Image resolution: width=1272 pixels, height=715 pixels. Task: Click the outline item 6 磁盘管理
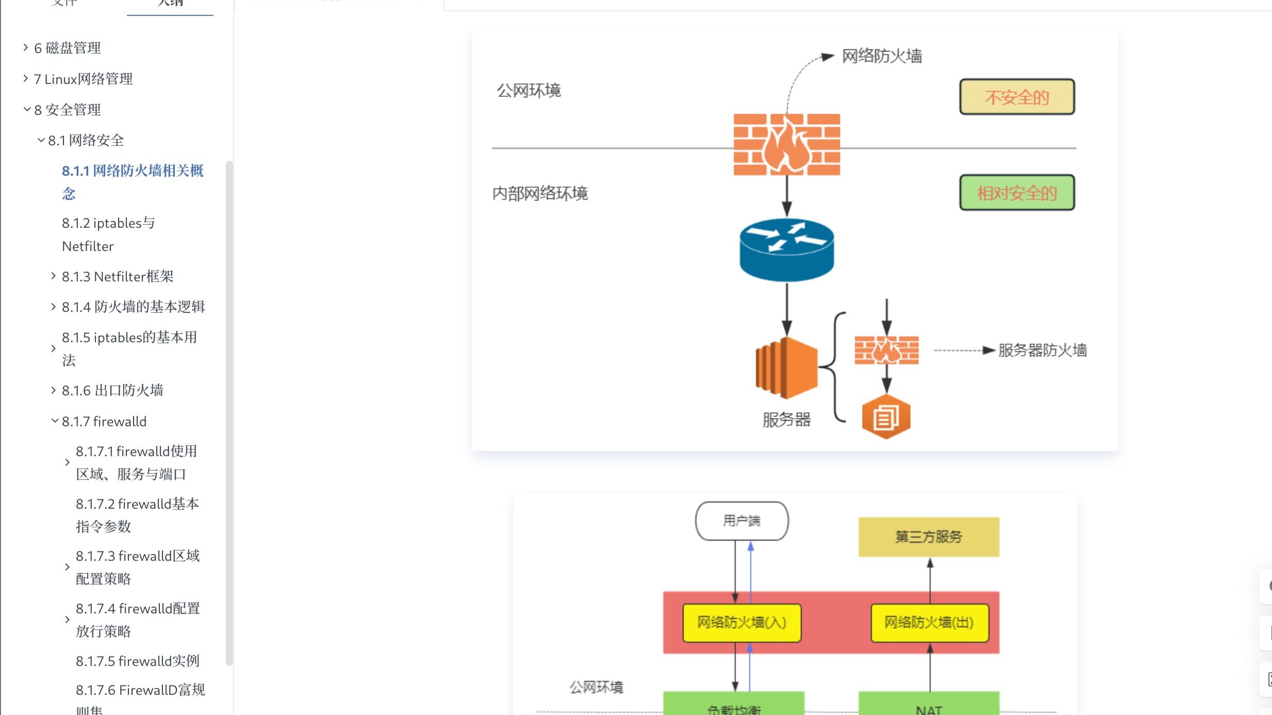(x=67, y=48)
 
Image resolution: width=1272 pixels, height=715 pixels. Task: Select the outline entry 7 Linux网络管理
(x=83, y=79)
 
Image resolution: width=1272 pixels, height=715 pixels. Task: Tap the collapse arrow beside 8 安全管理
(x=27, y=109)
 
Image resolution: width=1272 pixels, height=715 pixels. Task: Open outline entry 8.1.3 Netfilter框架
(x=117, y=276)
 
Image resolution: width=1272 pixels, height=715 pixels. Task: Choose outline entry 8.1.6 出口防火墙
(x=112, y=390)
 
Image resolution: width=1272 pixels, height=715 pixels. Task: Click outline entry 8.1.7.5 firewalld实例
(x=137, y=661)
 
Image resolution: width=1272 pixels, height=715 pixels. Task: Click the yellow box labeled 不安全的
(x=1016, y=97)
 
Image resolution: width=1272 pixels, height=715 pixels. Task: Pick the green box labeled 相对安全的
(x=1016, y=193)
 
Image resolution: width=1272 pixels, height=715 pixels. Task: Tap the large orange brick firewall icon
(x=786, y=145)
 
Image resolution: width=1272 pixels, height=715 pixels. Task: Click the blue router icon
(x=786, y=250)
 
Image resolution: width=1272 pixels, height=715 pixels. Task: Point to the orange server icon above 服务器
(x=786, y=368)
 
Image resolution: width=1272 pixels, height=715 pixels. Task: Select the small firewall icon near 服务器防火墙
(x=886, y=350)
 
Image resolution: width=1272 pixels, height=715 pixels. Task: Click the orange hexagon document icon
(x=886, y=417)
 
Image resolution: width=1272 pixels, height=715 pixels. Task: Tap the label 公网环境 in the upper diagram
(x=528, y=91)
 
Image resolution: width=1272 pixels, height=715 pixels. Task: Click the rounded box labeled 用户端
(x=741, y=521)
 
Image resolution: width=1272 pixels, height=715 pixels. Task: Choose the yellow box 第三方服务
(x=928, y=537)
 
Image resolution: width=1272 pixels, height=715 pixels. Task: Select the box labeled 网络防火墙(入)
(x=741, y=623)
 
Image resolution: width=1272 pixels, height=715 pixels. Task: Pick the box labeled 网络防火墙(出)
(x=929, y=623)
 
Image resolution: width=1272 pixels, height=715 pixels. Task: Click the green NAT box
(x=929, y=706)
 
